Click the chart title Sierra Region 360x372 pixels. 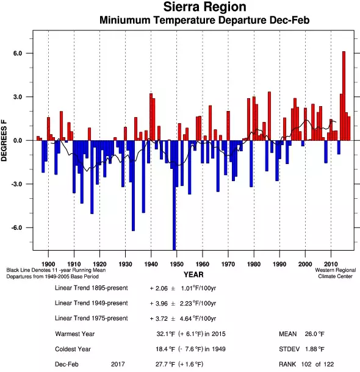click(x=204, y=7)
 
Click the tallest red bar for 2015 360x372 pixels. click(x=344, y=96)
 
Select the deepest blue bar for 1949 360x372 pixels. click(x=174, y=195)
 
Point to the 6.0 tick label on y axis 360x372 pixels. click(x=18, y=54)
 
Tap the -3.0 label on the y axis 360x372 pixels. click(x=16, y=184)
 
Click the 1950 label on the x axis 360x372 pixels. click(x=176, y=264)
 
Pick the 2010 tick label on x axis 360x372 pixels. click(x=331, y=264)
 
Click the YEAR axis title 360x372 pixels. click(x=193, y=274)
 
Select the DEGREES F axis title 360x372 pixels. click(x=4, y=141)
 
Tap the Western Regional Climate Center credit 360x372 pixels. click(x=336, y=273)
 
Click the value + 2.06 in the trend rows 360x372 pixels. click(x=159, y=288)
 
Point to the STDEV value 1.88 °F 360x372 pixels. click(x=315, y=349)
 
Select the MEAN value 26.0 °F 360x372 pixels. click(x=315, y=334)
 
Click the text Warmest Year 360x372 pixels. click(x=75, y=334)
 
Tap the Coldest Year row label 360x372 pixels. click(x=73, y=349)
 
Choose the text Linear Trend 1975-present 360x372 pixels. click(x=92, y=318)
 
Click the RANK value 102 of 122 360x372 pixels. click(x=317, y=364)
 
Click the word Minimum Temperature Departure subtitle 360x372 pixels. click(x=204, y=20)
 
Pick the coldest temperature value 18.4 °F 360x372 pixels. click(x=165, y=349)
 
